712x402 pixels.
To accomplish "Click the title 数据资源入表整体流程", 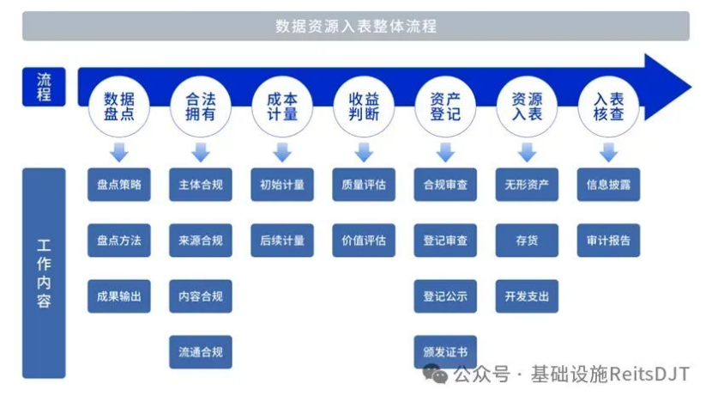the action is [x=356, y=26].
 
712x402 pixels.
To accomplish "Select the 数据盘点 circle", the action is [x=119, y=107].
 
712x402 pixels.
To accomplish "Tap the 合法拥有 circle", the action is [x=200, y=107].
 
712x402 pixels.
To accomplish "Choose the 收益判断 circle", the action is [x=364, y=107].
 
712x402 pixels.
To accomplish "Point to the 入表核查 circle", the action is [x=608, y=107].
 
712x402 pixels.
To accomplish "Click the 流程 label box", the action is [x=44, y=87].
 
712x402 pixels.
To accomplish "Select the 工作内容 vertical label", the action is [x=44, y=273].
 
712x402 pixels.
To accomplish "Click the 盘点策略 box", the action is [x=119, y=185].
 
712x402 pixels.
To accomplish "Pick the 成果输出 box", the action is [x=119, y=296].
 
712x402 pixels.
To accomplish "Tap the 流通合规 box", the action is [x=201, y=352].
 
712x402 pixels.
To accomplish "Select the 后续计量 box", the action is [x=282, y=241].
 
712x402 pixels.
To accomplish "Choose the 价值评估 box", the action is [x=364, y=241].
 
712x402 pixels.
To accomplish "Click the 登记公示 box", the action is [x=445, y=296].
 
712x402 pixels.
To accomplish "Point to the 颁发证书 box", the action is [x=445, y=352].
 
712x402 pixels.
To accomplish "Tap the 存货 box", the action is [x=527, y=241].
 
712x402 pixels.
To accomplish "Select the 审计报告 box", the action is [x=608, y=241].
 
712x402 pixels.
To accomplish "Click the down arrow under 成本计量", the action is [x=282, y=152].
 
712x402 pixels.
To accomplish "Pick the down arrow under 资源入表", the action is [x=527, y=152].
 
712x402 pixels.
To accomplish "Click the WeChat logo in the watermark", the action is [x=436, y=374].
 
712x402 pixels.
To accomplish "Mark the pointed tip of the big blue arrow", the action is [x=691, y=87].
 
